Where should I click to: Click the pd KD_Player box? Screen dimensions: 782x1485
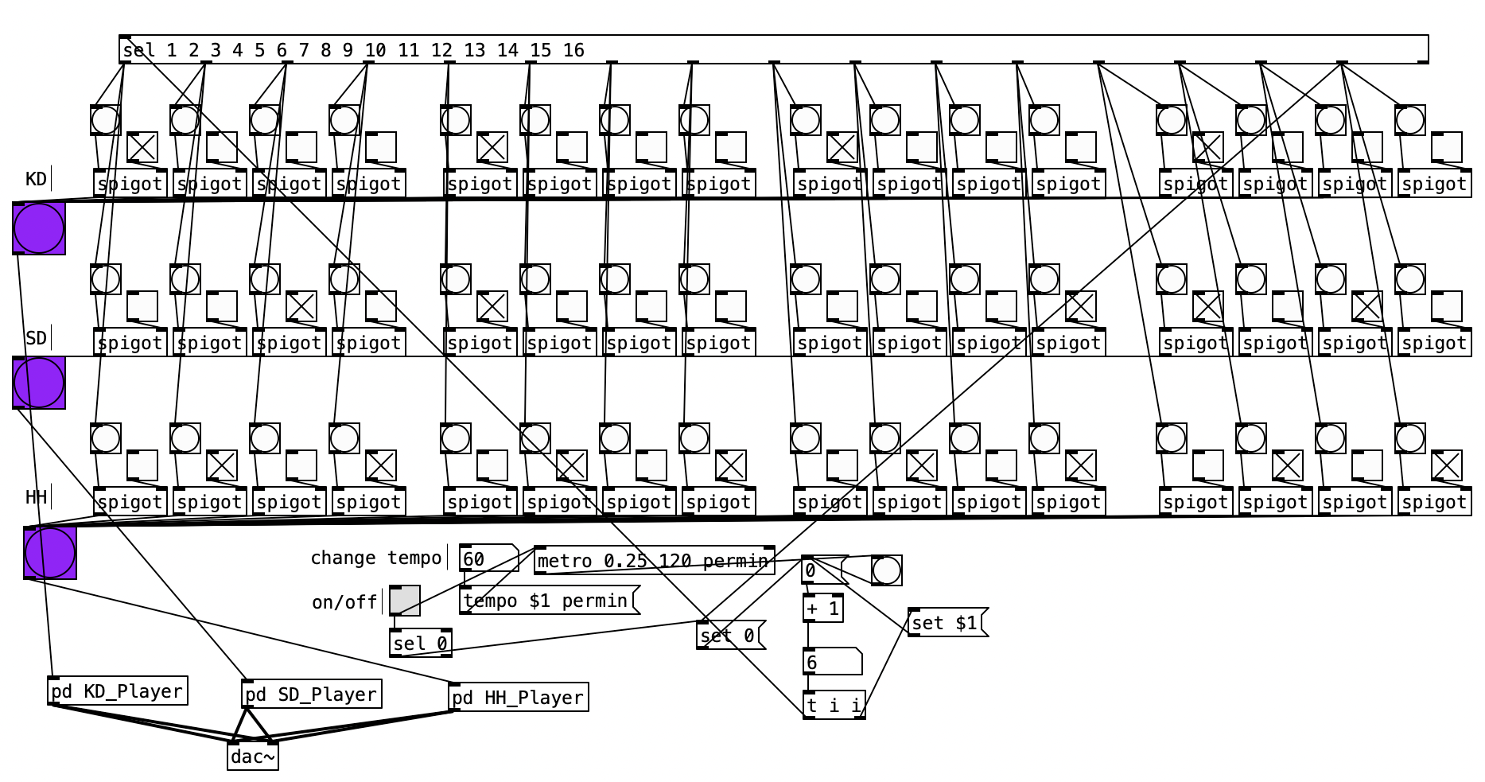118,691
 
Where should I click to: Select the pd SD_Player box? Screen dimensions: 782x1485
311,694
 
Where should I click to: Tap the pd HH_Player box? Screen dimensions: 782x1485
519,698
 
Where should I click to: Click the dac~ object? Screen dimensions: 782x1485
253,757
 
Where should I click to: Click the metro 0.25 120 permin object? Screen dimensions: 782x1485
654,561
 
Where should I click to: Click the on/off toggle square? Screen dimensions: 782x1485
405,601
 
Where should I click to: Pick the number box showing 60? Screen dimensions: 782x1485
487,558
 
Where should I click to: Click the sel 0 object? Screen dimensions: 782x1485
421,644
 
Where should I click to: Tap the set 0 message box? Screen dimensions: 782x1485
729,636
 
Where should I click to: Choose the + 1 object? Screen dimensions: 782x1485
823,609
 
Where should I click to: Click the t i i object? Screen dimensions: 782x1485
834,706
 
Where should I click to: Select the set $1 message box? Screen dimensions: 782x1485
946,623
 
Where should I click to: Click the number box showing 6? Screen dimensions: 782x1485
831,662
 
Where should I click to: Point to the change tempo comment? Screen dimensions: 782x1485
375,558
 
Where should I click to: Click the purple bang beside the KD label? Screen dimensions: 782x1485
39,228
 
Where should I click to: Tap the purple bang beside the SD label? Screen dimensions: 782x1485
39,383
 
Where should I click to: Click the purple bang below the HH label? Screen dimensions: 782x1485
50,553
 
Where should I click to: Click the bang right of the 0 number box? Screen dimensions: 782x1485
887,570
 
